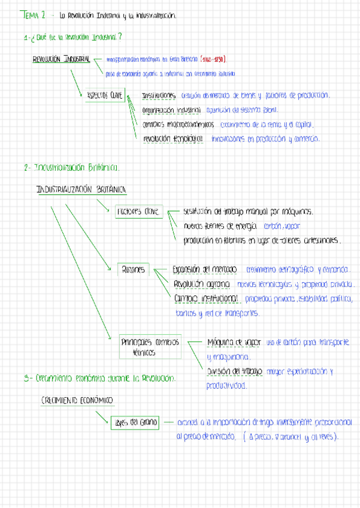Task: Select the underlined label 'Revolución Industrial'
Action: point(62,59)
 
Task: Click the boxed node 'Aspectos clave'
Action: point(104,95)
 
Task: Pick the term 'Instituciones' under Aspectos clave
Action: point(159,95)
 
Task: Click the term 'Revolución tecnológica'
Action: point(173,138)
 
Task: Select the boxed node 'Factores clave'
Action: point(138,211)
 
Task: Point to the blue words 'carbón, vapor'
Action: point(282,226)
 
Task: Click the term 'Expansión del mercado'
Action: point(205,270)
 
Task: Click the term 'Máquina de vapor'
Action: point(234,341)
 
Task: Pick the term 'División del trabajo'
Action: point(234,371)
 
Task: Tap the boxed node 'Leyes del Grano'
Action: point(135,422)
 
